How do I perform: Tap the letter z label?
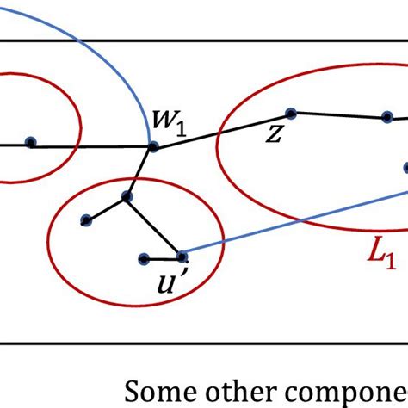click(x=275, y=133)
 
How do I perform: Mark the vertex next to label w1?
click(x=153, y=147)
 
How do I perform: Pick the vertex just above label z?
click(x=291, y=113)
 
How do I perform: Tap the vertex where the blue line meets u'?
click(x=182, y=256)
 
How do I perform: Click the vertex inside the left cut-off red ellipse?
click(x=30, y=143)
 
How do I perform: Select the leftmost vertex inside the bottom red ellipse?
click(x=85, y=221)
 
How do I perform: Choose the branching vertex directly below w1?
click(x=127, y=197)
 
